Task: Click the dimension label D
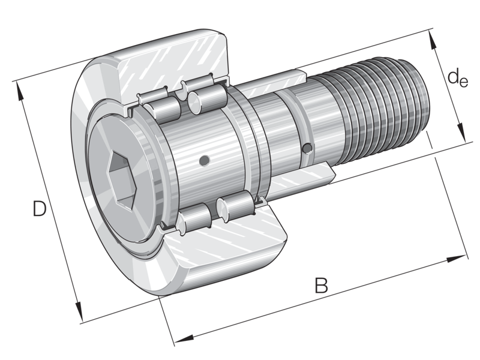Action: tap(40, 209)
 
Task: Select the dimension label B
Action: tap(322, 286)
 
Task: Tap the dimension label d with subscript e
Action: tap(458, 78)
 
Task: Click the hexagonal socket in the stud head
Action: tap(122, 181)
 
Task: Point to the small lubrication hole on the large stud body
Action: tap(204, 160)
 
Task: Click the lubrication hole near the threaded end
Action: tap(307, 148)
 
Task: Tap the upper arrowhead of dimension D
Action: tap(19, 92)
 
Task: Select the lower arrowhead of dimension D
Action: tap(79, 311)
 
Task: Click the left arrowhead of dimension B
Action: tap(184, 338)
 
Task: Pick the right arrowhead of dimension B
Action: tap(456, 259)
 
